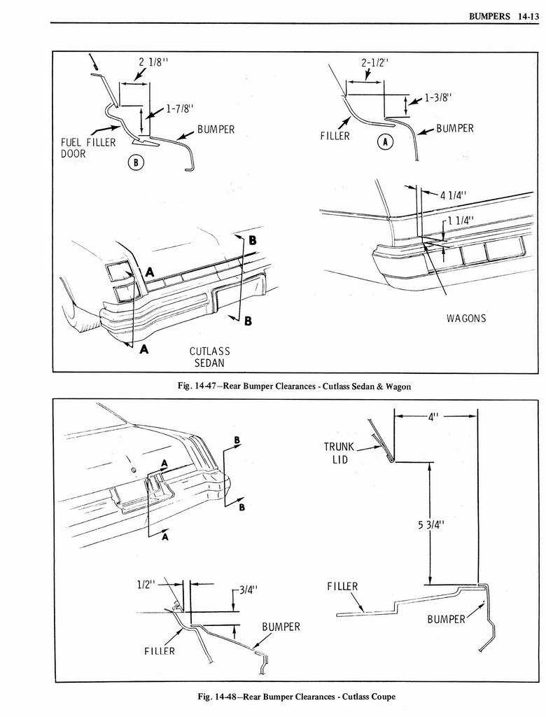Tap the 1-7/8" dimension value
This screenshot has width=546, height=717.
coord(180,109)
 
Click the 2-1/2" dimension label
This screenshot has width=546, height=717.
coord(375,62)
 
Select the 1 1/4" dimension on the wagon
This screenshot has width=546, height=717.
coord(461,219)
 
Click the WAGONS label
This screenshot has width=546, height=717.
coord(466,319)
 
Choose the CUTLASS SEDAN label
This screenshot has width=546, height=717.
coord(210,356)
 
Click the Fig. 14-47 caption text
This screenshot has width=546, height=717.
coord(295,386)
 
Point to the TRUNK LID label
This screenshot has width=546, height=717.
coord(339,452)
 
